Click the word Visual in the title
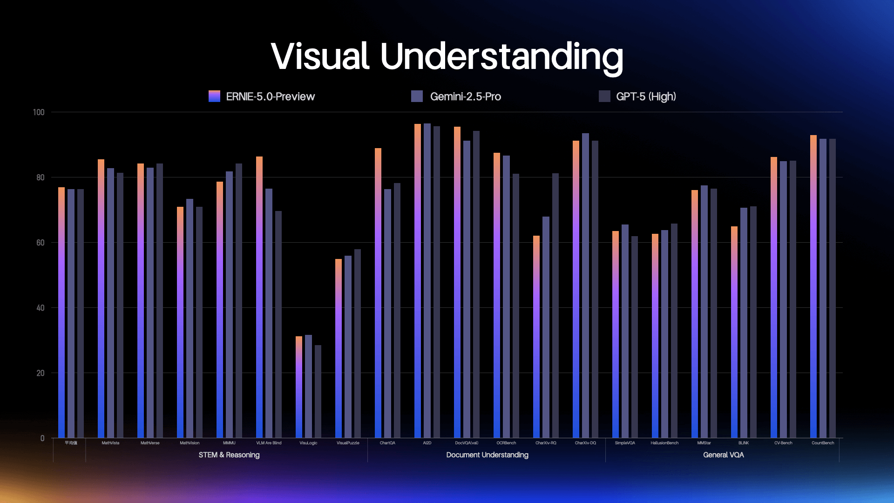320,57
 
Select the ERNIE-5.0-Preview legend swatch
214,96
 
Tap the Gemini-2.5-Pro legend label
465,96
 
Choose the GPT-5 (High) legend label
646,96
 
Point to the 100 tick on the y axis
39,112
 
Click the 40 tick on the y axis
41,308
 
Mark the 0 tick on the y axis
42,438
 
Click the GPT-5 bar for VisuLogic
318,391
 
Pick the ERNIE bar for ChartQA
378,293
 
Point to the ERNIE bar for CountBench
813,286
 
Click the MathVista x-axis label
110,443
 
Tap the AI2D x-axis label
427,443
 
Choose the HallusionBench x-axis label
664,443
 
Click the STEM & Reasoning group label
229,455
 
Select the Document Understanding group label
487,455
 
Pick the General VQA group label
723,455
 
